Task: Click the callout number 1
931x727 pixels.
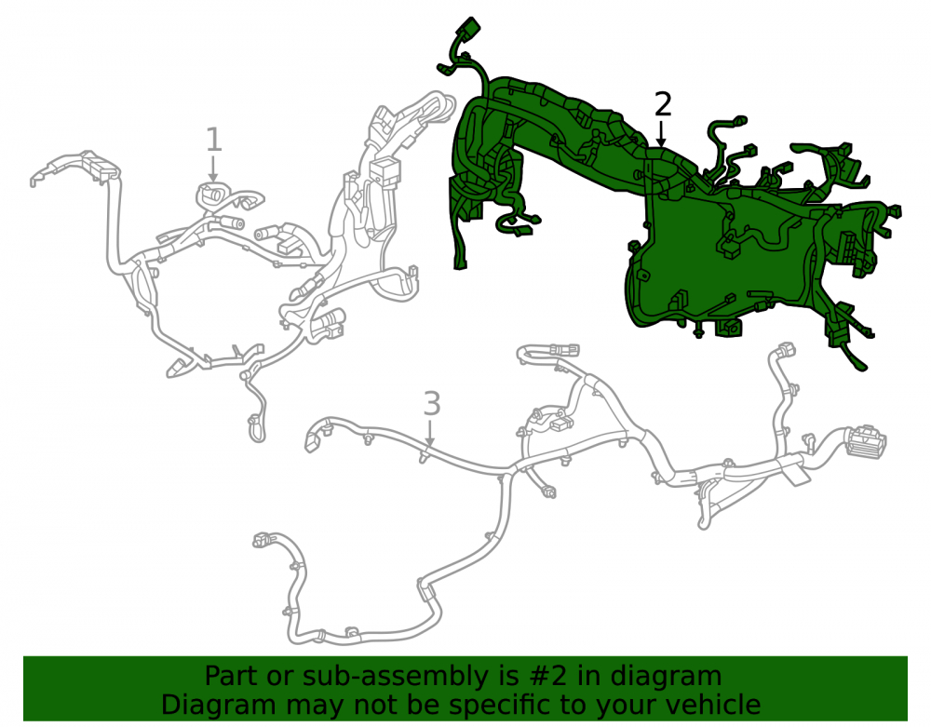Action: pos(214,140)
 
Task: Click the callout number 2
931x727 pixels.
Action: pos(663,104)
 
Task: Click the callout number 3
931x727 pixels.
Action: pos(432,404)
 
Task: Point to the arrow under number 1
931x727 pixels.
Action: pos(213,168)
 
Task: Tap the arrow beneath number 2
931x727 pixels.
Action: pos(661,133)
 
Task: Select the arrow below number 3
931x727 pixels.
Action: pos(430,433)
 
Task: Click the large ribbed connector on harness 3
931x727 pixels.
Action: pos(867,442)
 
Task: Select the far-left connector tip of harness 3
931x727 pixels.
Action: pos(311,440)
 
